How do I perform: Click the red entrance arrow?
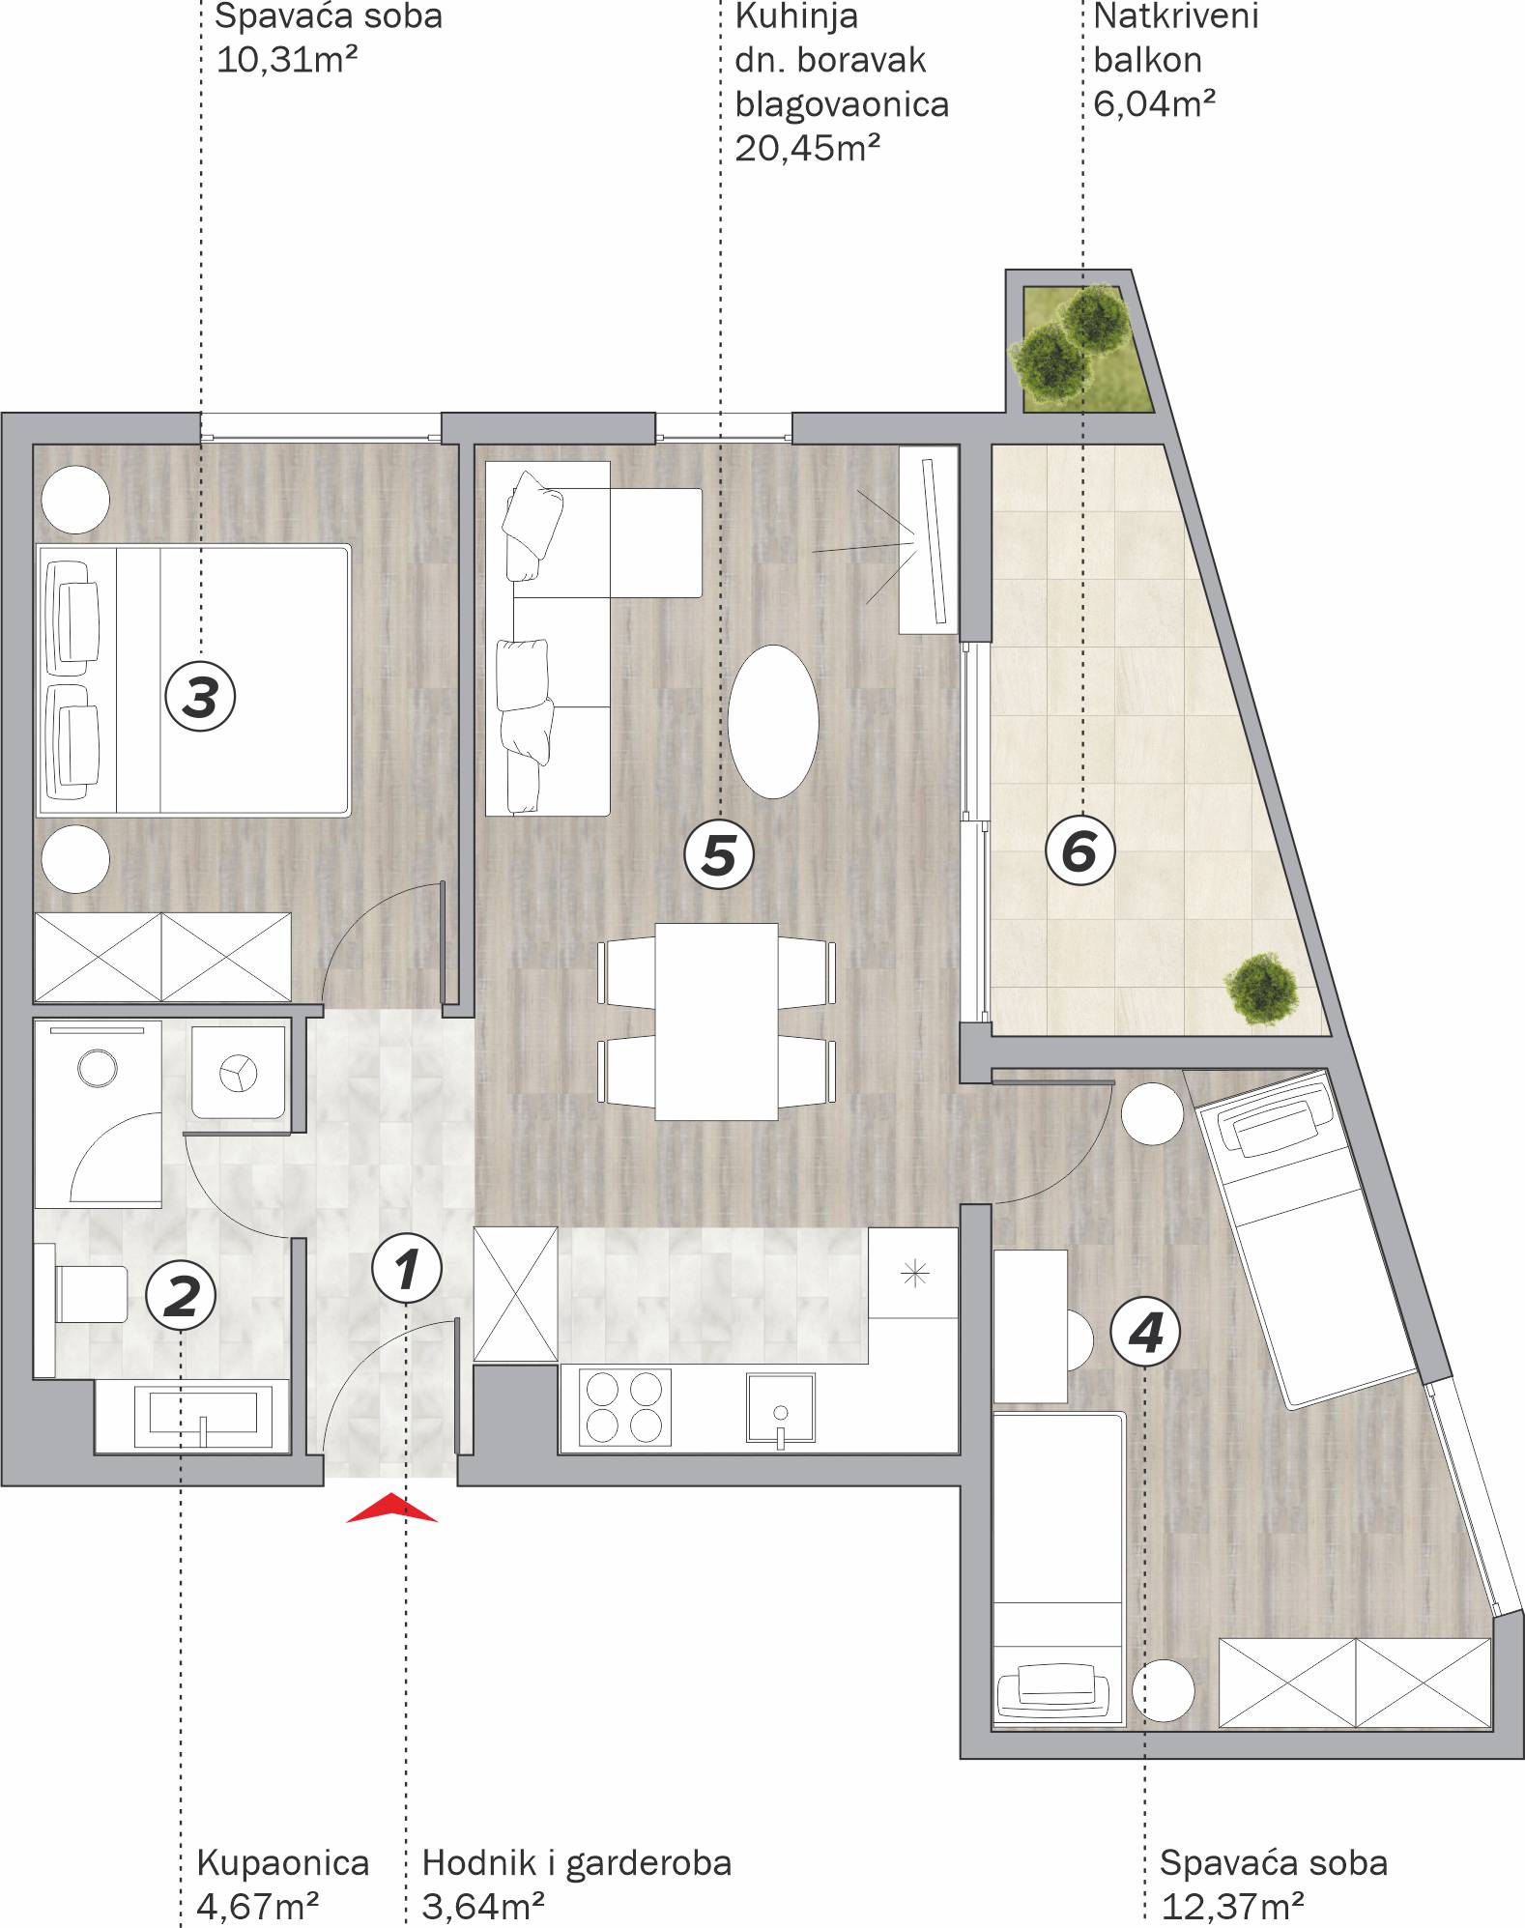pyautogui.click(x=391, y=1509)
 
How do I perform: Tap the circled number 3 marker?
pyautogui.click(x=200, y=697)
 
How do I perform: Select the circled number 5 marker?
pyautogui.click(x=718, y=854)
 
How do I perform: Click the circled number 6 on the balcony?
pyautogui.click(x=1080, y=851)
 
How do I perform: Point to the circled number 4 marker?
pyautogui.click(x=1145, y=1335)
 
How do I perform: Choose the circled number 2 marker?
pyautogui.click(x=181, y=1296)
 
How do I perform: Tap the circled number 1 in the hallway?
pyautogui.click(x=407, y=1268)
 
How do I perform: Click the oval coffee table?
pyautogui.click(x=773, y=721)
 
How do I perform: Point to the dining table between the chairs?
pyautogui.click(x=716, y=1021)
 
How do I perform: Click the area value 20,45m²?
pyautogui.click(x=808, y=148)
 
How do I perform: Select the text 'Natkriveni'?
pyautogui.click(x=1176, y=16)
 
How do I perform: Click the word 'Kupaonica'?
pyautogui.click(x=282, y=1862)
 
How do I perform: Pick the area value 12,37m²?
pyautogui.click(x=1233, y=1906)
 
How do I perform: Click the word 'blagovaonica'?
pyautogui.click(x=842, y=104)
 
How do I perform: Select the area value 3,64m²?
pyautogui.click(x=483, y=1906)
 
